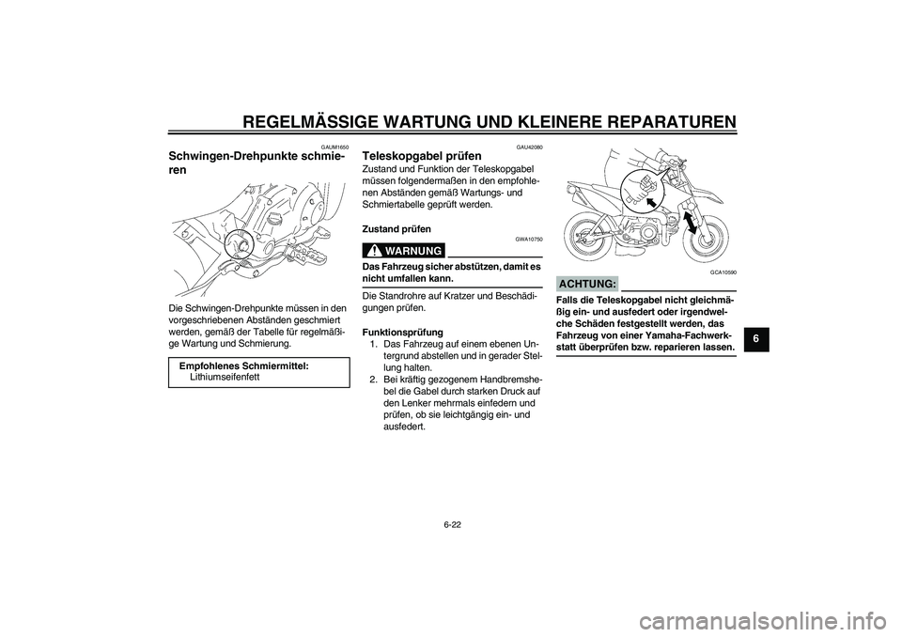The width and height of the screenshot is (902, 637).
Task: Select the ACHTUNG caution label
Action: point(587,284)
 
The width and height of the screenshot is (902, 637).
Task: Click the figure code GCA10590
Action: point(723,272)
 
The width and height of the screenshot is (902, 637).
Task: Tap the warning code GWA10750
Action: point(530,240)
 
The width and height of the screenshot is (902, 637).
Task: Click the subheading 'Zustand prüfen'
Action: point(397,228)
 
